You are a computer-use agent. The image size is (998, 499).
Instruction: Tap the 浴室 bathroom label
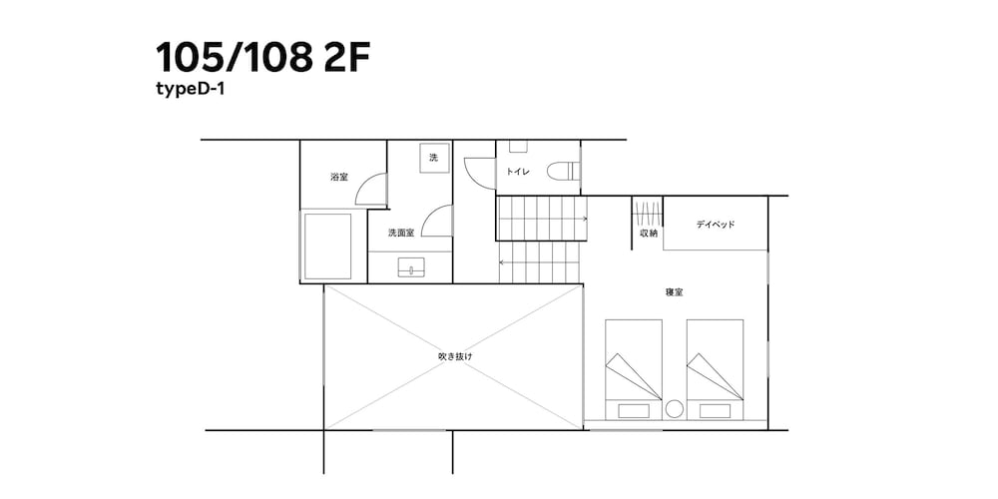tap(339, 177)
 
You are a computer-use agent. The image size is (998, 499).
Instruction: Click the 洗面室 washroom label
tap(401, 233)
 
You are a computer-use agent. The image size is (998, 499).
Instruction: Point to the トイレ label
tap(517, 172)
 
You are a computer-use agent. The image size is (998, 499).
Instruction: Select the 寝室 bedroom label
tap(674, 292)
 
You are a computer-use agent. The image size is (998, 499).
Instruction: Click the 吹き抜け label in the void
tap(454, 356)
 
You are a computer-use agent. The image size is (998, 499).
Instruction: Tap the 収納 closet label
tap(648, 234)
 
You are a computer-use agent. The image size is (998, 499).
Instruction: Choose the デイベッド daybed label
tap(716, 225)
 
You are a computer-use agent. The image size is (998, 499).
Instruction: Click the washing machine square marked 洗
tap(433, 159)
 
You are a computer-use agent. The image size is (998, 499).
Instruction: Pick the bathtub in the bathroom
tap(327, 246)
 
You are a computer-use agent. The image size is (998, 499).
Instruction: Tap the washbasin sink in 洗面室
tap(411, 266)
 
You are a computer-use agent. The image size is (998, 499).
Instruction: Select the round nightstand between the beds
tap(674, 408)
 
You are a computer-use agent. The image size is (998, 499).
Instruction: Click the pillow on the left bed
tap(633, 409)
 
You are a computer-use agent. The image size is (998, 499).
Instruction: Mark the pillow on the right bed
tap(714, 409)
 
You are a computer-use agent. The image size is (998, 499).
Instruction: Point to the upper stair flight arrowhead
tap(584, 218)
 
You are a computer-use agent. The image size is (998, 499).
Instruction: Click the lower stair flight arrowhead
tap(502, 262)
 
